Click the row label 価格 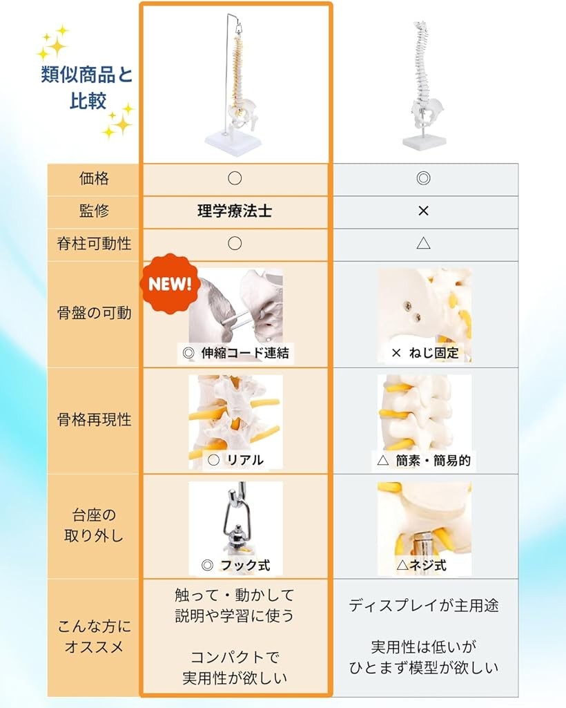[x=94, y=178]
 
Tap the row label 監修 [x=94, y=211]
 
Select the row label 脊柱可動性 [x=94, y=243]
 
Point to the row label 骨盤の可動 [x=94, y=313]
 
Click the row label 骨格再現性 [x=94, y=419]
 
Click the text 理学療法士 [x=235, y=211]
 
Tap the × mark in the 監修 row [x=423, y=211]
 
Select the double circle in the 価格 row [x=423, y=178]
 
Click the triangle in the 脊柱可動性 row [x=423, y=243]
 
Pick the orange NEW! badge [x=170, y=284]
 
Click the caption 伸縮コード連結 [x=245, y=353]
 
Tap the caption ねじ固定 [x=433, y=353]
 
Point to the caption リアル [x=245, y=459]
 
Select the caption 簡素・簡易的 [x=433, y=460]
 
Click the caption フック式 [x=245, y=565]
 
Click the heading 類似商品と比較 [x=87, y=88]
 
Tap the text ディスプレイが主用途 [x=423, y=605]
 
